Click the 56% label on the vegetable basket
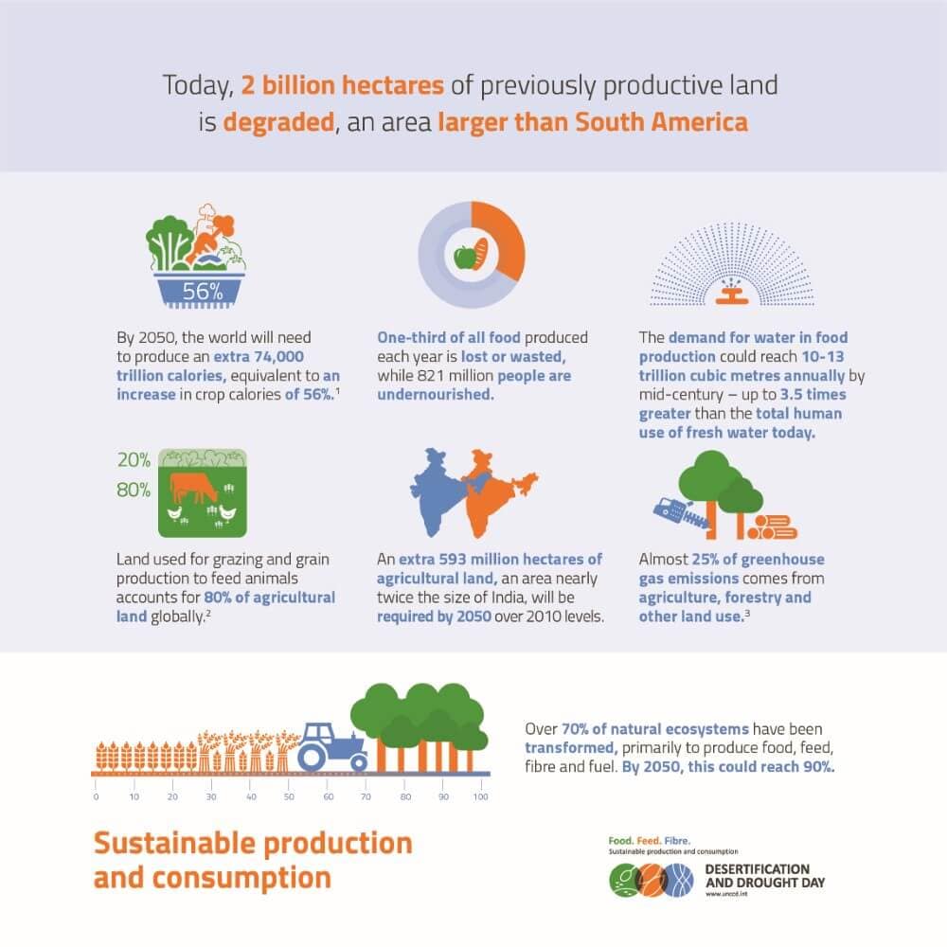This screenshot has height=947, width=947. click(x=202, y=292)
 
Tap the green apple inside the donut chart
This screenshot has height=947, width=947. click(x=463, y=256)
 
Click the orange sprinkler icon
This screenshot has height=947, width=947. click(x=728, y=292)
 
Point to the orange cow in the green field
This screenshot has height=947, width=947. click(x=195, y=489)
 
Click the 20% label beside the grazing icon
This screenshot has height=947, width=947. click(x=134, y=461)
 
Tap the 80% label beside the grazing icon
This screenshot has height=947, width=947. click(x=134, y=490)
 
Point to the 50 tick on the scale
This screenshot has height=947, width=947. click(x=289, y=797)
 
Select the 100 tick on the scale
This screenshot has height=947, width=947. click(x=480, y=797)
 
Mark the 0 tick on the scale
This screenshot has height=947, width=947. click(x=96, y=797)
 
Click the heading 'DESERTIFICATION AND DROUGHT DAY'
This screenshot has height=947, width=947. click(x=758, y=876)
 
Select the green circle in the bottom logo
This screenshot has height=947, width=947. click(x=625, y=880)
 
